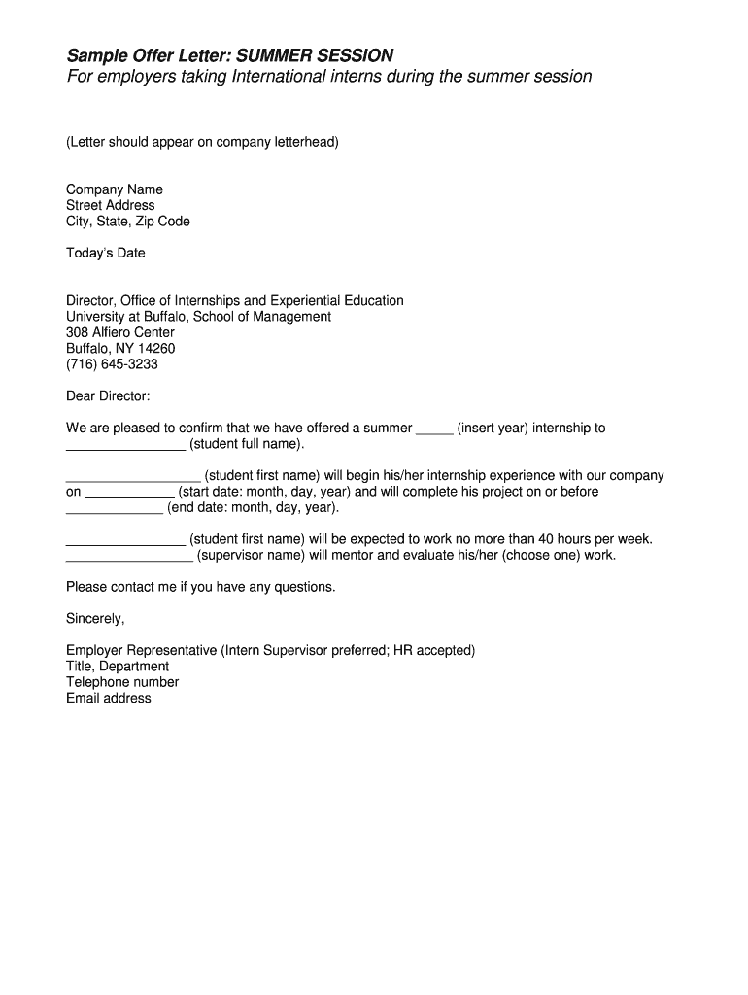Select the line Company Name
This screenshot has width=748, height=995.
tap(115, 189)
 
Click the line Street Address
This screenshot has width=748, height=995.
tap(111, 205)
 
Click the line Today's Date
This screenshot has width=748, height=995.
tap(105, 254)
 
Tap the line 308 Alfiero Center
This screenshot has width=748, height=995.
tap(120, 332)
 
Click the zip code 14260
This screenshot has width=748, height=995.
tap(157, 349)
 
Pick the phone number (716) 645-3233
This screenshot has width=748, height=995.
tap(112, 364)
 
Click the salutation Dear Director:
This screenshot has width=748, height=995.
tap(108, 396)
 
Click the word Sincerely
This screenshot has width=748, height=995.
tap(94, 619)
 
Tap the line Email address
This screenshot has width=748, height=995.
tap(109, 698)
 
